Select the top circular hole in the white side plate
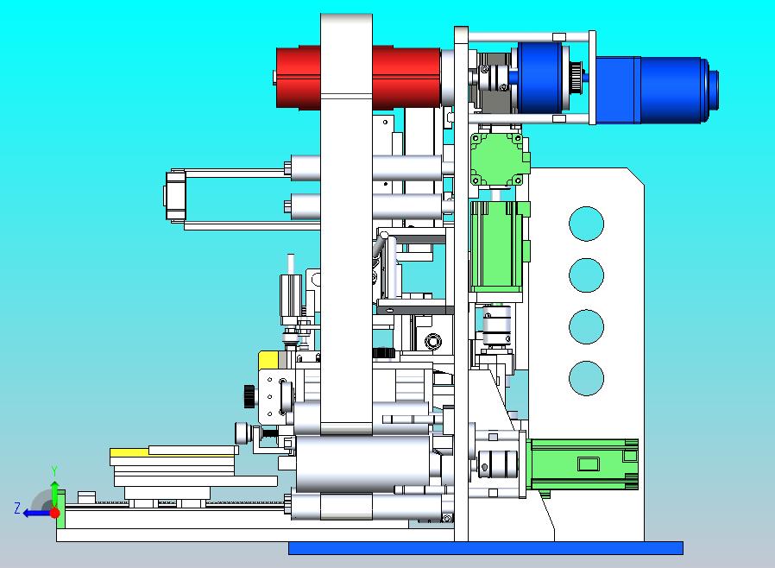[586, 224]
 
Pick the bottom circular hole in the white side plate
[586, 378]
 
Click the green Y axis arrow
[55, 489]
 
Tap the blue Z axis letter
[17, 508]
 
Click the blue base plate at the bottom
[486, 548]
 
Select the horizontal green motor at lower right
[583, 464]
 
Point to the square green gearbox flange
[497, 159]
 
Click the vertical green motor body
[496, 246]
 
